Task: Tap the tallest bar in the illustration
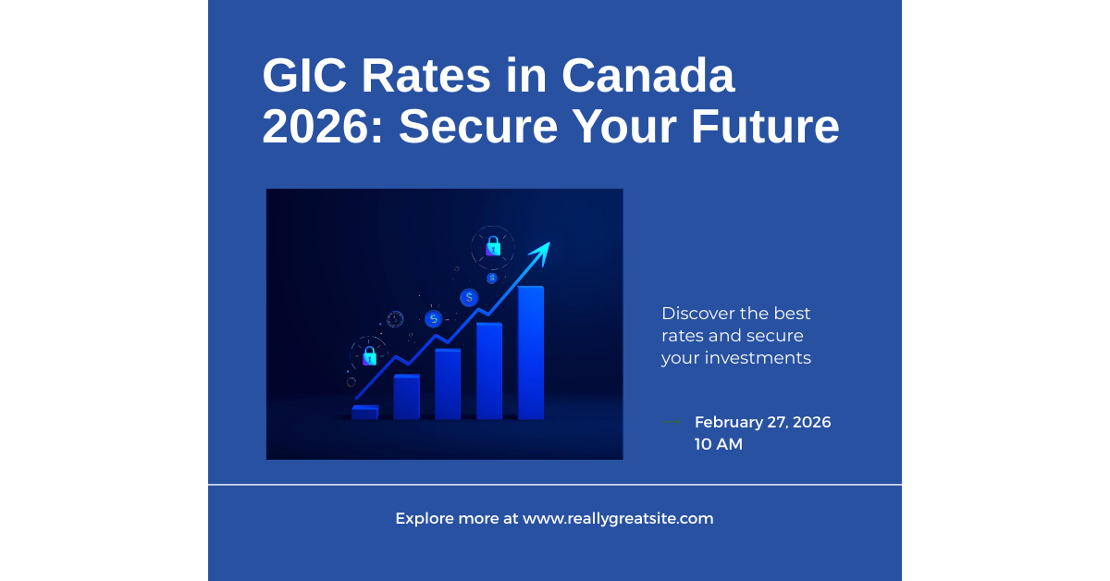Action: (x=530, y=352)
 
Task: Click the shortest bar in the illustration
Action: (x=364, y=413)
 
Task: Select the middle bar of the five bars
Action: (x=448, y=383)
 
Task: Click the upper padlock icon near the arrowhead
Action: (x=493, y=246)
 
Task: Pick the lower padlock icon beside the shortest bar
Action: (x=369, y=355)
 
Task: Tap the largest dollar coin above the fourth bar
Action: (x=470, y=297)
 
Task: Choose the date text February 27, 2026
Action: (x=762, y=422)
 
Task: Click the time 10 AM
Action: (x=718, y=444)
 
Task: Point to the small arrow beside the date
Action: (x=672, y=422)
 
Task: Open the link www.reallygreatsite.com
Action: (x=618, y=519)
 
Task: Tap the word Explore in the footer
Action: (x=425, y=519)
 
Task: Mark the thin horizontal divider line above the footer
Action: (x=555, y=484)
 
